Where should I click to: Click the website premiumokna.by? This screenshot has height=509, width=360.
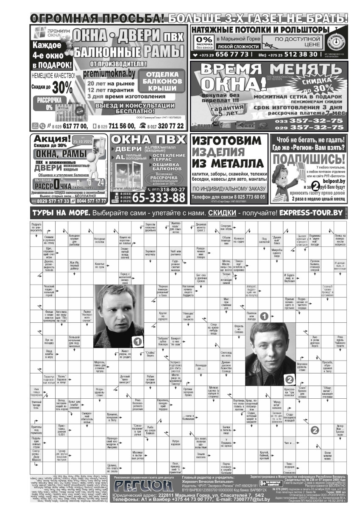click(109, 73)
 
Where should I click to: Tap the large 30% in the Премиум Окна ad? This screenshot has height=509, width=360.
click(62, 88)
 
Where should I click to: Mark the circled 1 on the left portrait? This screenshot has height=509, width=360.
click(137, 340)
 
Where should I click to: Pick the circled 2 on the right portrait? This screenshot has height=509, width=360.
click(289, 379)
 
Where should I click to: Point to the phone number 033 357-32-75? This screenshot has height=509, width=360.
click(309, 120)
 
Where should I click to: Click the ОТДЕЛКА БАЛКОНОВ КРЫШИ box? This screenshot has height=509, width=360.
click(159, 81)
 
